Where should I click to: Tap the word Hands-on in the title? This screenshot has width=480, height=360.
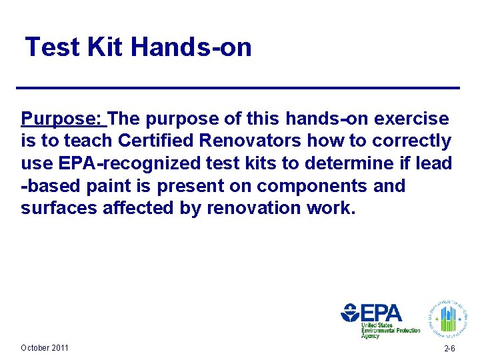(191, 47)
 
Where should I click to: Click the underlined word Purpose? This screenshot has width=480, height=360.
(63, 119)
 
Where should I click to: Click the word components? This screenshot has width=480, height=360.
(313, 185)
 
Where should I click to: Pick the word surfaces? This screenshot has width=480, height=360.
(59, 208)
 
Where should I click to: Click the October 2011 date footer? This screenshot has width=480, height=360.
(45, 347)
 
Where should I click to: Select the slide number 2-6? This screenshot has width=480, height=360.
(449, 349)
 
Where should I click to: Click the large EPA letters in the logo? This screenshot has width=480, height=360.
(381, 313)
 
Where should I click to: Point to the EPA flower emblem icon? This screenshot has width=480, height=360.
(350, 313)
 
